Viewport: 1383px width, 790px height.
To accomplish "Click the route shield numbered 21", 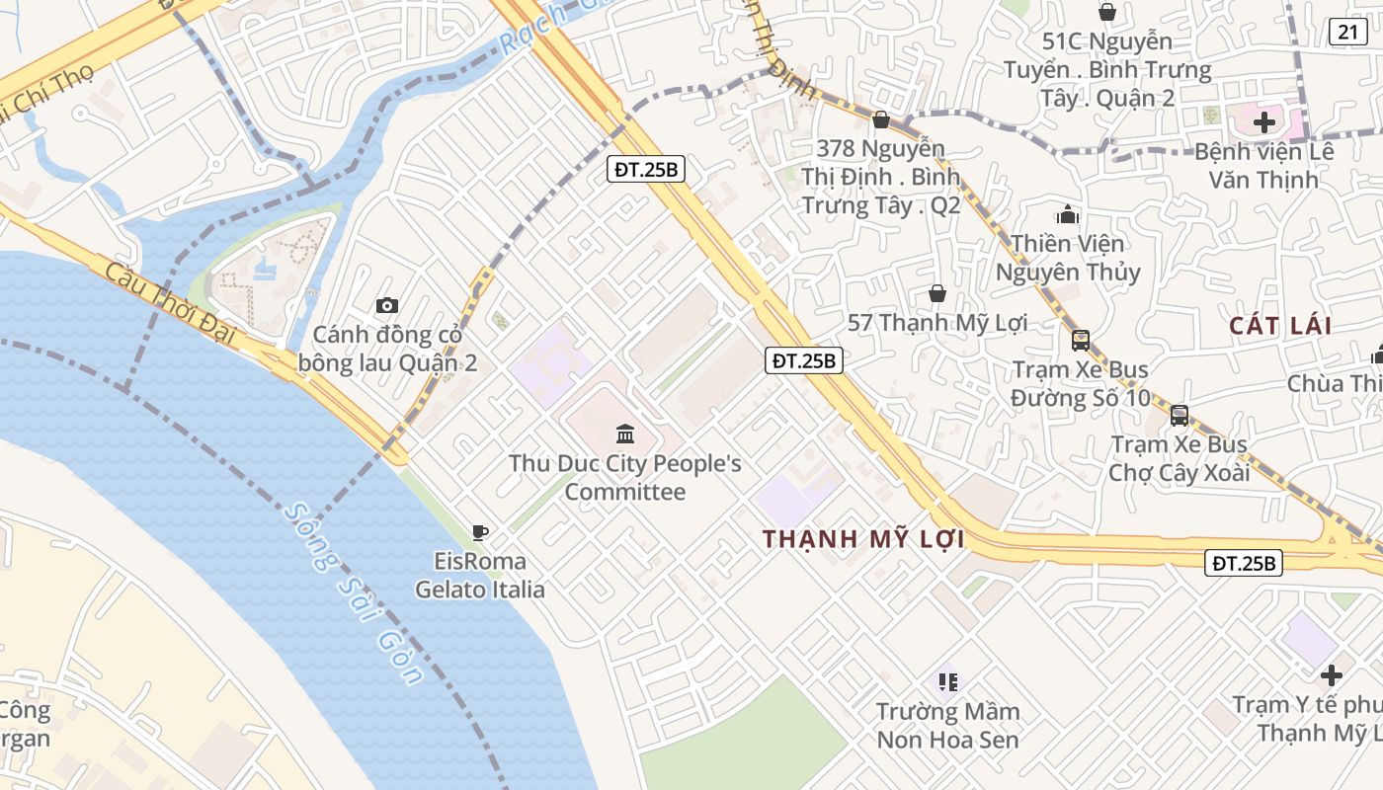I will click(1348, 32).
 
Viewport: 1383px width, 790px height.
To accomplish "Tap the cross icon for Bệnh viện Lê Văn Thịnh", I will click(1264, 122).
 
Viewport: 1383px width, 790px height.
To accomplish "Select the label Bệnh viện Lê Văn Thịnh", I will click(1263, 166).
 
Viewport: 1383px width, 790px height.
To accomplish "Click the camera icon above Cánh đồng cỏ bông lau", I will click(387, 305).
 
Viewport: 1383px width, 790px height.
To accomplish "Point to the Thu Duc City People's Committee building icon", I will click(624, 434).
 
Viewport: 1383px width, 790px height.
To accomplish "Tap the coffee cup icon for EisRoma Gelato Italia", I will click(480, 533).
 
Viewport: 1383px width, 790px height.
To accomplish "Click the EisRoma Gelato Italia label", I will click(480, 576).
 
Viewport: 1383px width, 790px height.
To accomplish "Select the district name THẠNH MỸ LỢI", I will click(863, 539).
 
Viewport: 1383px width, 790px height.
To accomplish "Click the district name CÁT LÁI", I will click(1280, 325).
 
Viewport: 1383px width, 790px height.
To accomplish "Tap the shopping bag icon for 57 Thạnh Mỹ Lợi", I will click(936, 293).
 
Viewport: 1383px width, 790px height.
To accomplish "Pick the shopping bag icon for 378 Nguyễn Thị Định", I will click(881, 119).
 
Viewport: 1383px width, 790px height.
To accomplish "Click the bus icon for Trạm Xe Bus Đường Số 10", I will click(1081, 341).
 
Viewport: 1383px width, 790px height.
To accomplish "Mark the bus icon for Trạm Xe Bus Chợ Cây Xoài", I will click(1179, 415).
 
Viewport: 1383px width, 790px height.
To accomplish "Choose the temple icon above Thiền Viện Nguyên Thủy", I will click(1067, 214).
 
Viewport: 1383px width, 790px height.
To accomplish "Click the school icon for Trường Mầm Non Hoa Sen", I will click(948, 681).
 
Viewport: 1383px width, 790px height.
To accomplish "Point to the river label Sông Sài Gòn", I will click(352, 593).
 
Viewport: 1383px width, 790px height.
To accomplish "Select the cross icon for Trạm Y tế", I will click(1332, 675).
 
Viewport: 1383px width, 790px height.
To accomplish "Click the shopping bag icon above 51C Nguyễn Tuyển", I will click(1107, 12).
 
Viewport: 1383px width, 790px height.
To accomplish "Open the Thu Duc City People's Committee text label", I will click(624, 477).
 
